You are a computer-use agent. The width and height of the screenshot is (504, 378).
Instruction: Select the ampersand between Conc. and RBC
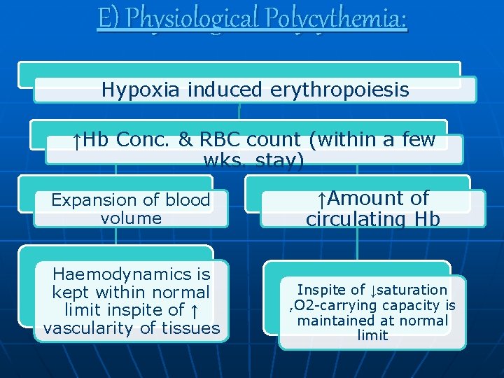(x=185, y=140)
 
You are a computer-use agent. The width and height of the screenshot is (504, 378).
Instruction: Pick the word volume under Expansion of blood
(x=131, y=218)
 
